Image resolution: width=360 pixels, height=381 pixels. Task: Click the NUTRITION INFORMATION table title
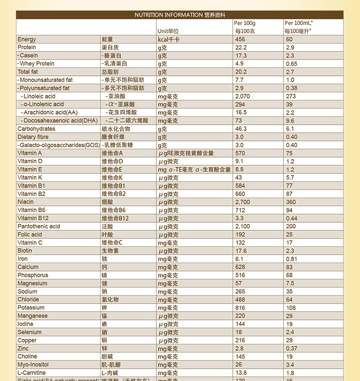coord(180,15)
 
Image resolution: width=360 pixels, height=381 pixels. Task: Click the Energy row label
coord(27,39)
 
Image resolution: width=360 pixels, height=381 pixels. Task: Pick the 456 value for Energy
coord(240,39)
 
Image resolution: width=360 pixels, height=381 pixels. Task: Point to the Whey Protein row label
coord(37,64)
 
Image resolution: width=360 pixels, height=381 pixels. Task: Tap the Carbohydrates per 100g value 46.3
coord(241,129)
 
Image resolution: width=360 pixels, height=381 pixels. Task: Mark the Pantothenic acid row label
coord(39,227)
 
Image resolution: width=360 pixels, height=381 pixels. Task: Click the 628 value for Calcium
coord(240,267)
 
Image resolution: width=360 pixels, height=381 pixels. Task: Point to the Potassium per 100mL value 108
coord(291,308)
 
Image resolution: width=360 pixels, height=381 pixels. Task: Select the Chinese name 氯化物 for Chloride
coord(110,300)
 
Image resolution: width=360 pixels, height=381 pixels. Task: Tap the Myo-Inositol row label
coord(33,365)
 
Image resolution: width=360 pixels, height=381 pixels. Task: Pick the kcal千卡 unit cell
coord(168,39)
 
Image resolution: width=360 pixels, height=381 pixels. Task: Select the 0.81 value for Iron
coord(291,259)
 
